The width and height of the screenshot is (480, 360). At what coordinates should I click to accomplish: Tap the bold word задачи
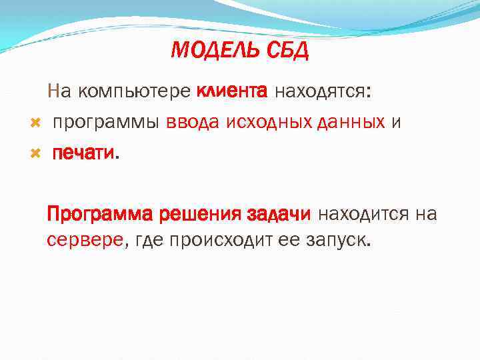pyautogui.click(x=279, y=215)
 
